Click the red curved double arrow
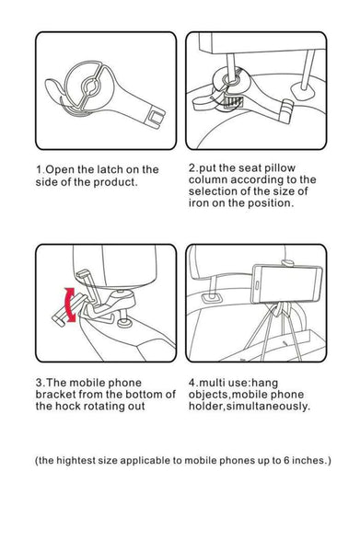(68, 305)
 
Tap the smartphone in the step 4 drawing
(286, 283)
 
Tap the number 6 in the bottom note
(286, 460)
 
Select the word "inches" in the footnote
(309, 460)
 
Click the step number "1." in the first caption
(41, 169)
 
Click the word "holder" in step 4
(206, 407)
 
